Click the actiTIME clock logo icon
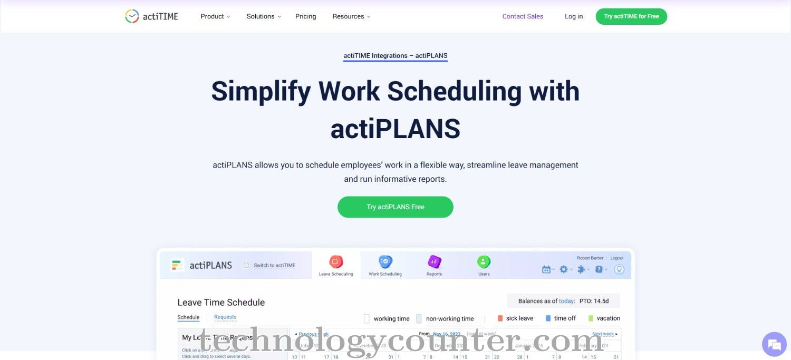132,16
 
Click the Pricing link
306,16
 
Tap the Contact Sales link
523,16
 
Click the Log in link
574,16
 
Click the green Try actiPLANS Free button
395,207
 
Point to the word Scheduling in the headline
454,91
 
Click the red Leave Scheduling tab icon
336,262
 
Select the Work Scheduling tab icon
385,262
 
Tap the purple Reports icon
434,262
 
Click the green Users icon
484,262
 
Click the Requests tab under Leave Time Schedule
225,317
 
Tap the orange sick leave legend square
500,318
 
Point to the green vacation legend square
591,318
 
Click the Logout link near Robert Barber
617,258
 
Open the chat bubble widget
774,345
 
